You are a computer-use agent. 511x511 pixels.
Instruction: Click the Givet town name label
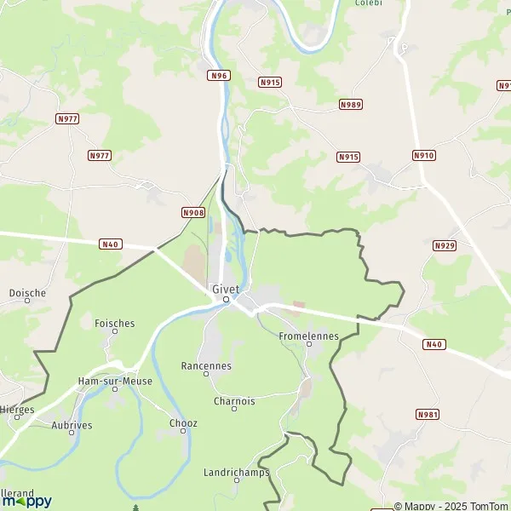pos(226,288)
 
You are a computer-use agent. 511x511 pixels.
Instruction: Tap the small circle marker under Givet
pos(226,300)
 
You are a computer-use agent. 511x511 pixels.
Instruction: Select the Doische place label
pos(27,293)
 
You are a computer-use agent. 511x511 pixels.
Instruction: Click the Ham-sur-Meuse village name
pos(115,381)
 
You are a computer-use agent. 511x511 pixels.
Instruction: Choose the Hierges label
pos(17,410)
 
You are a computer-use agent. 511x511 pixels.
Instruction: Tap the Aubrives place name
pos(72,424)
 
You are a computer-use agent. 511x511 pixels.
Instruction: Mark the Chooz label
pos(183,423)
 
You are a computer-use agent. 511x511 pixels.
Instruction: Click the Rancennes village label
pos(206,366)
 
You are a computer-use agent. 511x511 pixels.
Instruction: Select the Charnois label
pos(234,401)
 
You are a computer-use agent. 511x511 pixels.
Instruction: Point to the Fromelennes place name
pos(309,336)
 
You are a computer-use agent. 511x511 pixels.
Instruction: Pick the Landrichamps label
pos(237,472)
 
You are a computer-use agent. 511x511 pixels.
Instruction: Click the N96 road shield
pos(219,76)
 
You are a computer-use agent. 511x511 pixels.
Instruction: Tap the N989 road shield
pos(350,104)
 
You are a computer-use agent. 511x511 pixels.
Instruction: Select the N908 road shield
pos(193,212)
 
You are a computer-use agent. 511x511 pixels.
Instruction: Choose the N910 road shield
pos(423,155)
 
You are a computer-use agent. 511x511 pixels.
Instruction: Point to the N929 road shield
pos(444,245)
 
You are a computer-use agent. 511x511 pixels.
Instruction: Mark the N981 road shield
pos(428,414)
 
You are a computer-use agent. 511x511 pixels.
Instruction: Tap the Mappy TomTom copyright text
pos(451,505)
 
